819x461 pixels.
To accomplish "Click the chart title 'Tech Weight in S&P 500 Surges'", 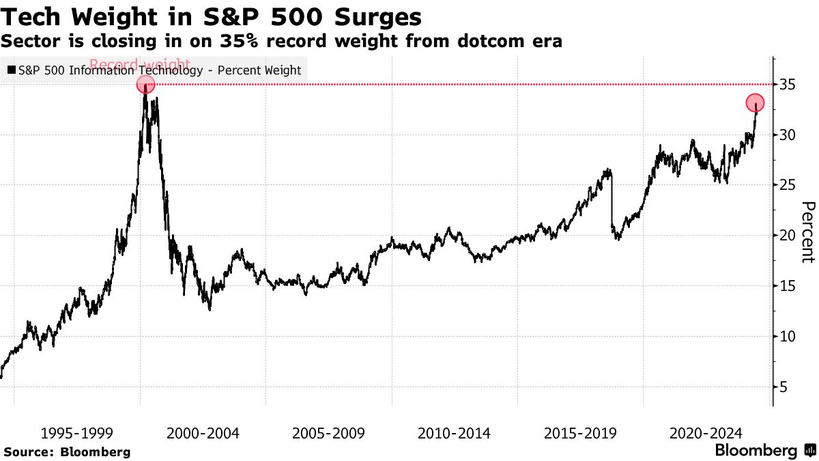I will click(x=211, y=16).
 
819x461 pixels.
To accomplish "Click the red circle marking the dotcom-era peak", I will click(x=145, y=85).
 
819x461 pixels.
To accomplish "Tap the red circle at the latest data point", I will click(x=755, y=103).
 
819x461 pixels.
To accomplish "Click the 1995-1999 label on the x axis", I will click(x=77, y=434).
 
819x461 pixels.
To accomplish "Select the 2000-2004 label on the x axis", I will click(x=203, y=434).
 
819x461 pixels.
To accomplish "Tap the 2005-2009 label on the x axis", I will click(x=328, y=434).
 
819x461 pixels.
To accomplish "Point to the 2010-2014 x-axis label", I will click(x=454, y=434).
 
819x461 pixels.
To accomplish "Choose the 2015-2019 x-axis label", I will click(x=580, y=434).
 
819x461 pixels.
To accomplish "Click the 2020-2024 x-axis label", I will click(x=706, y=434).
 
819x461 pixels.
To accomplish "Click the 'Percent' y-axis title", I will click(x=808, y=232).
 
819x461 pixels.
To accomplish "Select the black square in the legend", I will click(x=12, y=70).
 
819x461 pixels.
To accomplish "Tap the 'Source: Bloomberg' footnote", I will click(x=67, y=452).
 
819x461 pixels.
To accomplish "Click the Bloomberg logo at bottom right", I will click(x=764, y=451).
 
